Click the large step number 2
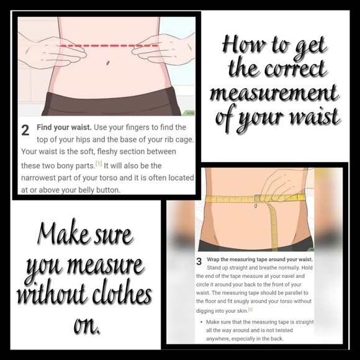point(25,131)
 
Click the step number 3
point(199,261)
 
